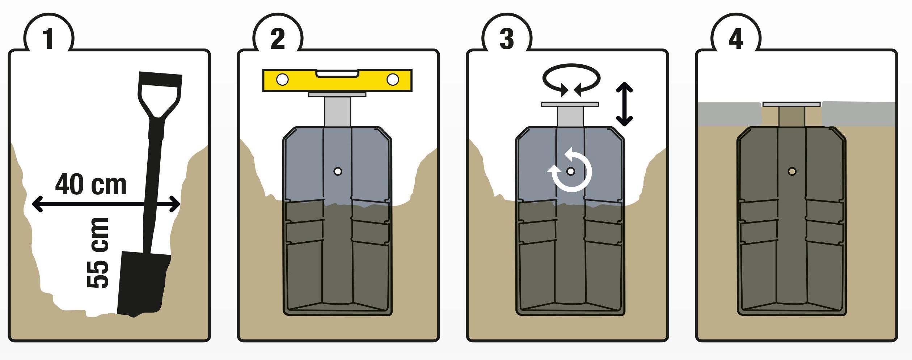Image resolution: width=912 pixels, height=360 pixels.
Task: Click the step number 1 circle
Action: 49,38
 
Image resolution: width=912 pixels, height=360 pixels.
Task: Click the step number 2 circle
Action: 278,38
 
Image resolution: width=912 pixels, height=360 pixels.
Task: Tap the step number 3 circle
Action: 507,38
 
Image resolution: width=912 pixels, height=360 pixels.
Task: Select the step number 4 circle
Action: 736,38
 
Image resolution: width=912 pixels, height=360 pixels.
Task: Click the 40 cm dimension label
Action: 91,185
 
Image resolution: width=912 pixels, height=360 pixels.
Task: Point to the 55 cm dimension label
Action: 98,253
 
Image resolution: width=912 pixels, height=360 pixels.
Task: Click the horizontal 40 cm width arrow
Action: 106,204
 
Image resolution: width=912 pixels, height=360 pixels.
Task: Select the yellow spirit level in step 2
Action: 337,80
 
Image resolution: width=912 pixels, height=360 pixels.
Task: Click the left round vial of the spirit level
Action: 282,80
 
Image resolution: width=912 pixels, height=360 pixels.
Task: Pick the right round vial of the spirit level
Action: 393,80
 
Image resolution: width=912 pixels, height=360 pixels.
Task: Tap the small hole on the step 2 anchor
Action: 338,171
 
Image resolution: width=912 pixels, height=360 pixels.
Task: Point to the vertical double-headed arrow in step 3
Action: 624,104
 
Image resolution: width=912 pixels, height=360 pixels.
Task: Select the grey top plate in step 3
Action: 570,104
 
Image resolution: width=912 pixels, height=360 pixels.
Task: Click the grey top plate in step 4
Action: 791,104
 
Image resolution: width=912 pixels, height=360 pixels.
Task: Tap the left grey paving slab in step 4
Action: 729,114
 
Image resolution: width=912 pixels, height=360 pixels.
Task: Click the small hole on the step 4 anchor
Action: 792,171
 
